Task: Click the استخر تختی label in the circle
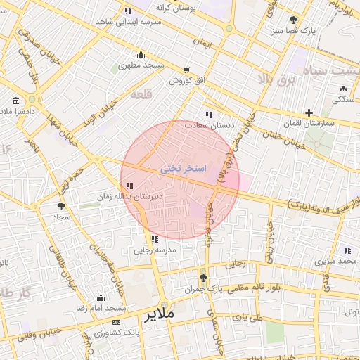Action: point(183,169)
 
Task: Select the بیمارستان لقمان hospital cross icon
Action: point(309,112)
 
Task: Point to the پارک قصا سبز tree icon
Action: point(293,20)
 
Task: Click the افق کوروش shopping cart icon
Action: point(186,70)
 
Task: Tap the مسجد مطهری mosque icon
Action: point(141,55)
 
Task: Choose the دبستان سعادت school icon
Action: point(208,114)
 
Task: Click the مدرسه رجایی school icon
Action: point(155,239)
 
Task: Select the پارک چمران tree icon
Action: point(203,278)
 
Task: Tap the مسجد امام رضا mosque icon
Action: point(101,297)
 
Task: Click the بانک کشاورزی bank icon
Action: point(116,321)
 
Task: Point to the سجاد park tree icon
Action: point(62,206)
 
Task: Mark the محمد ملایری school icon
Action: point(347,250)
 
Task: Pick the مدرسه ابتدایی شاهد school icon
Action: point(127,11)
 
